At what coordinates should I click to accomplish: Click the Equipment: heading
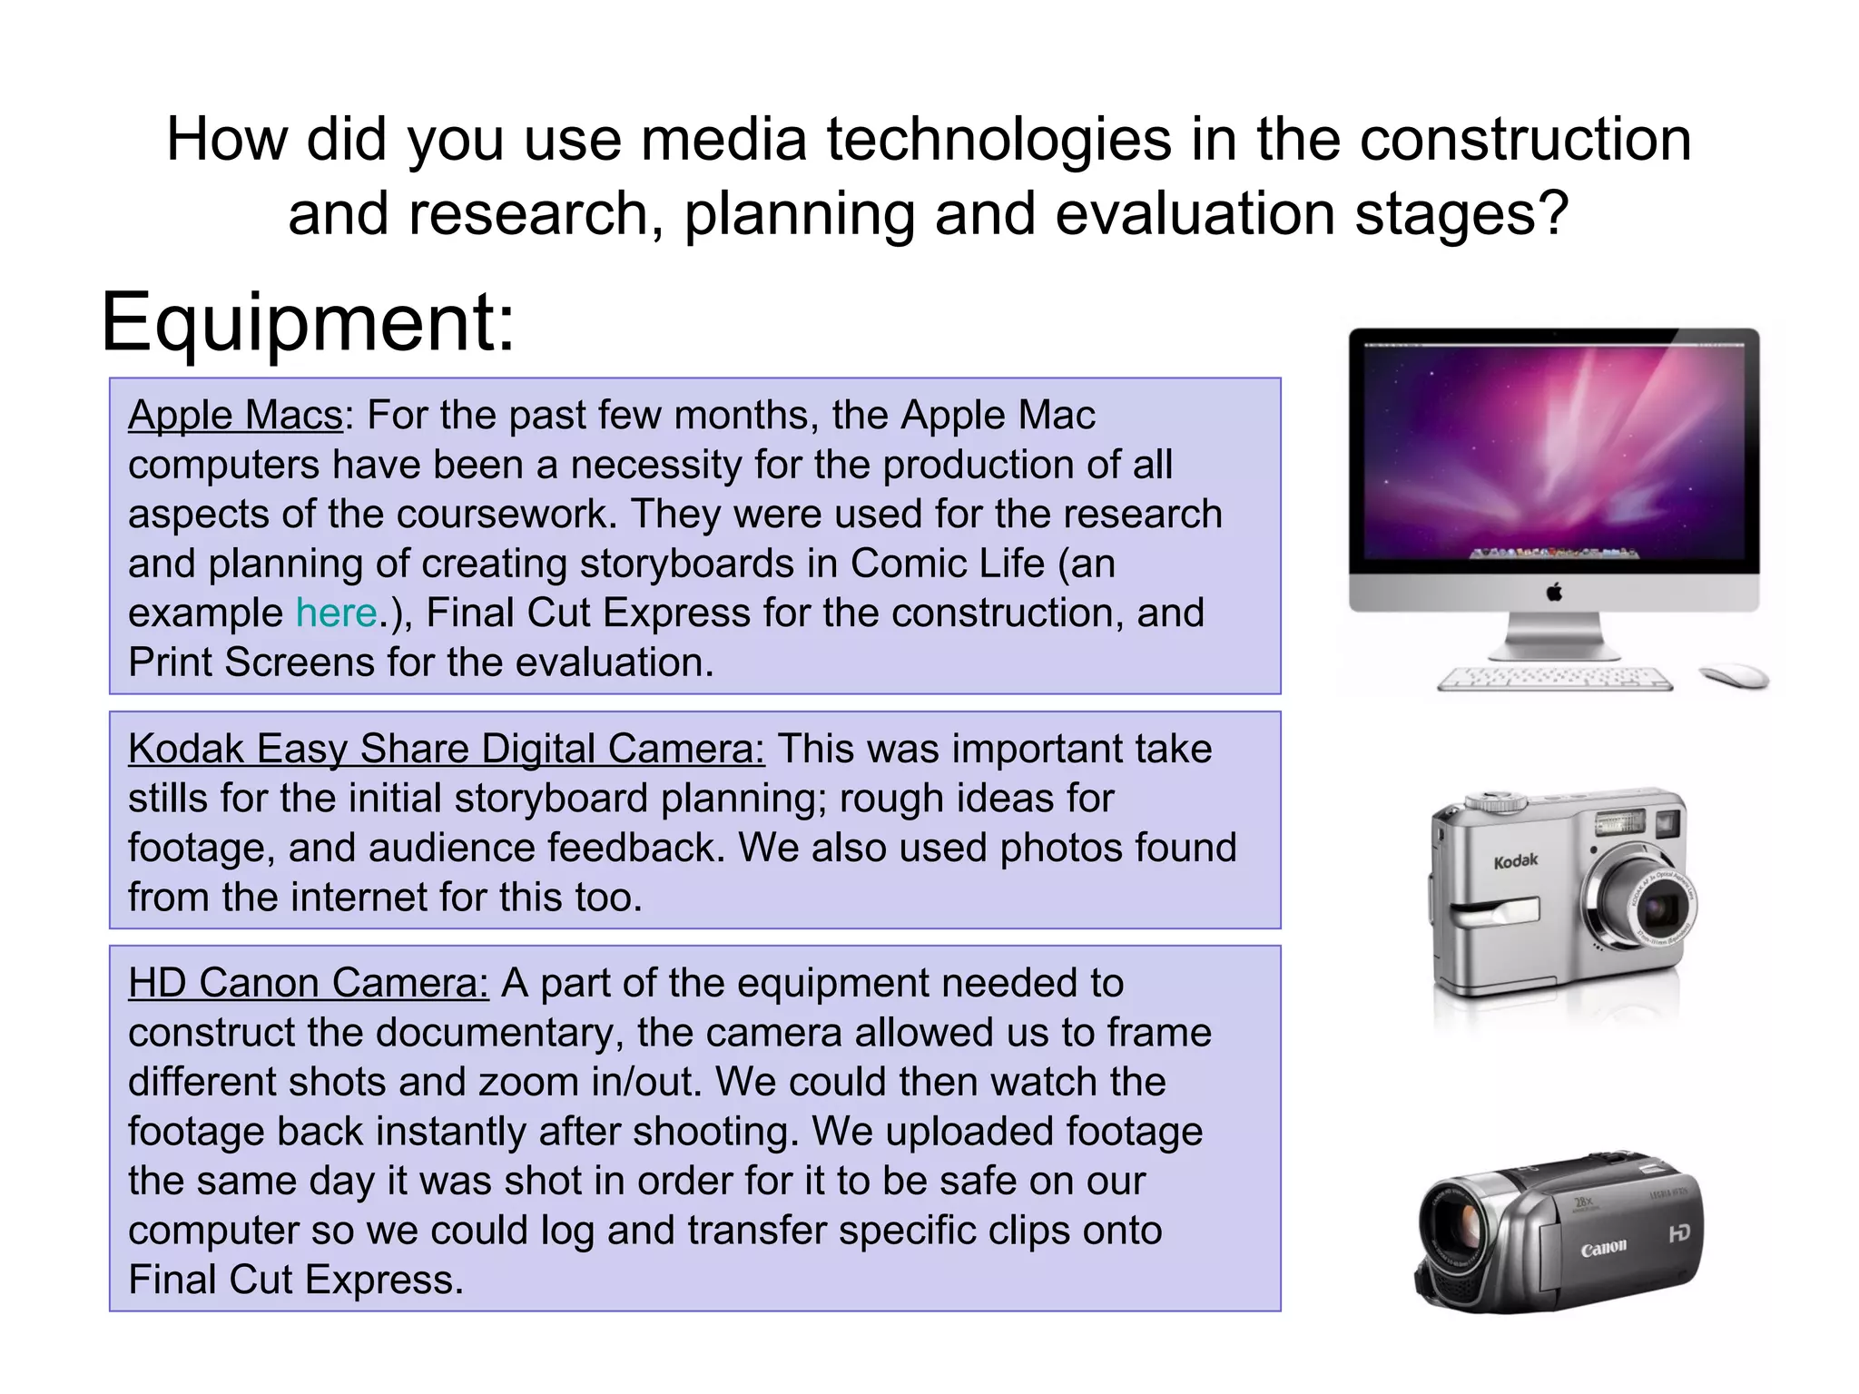307,323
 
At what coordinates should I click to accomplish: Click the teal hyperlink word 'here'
336,613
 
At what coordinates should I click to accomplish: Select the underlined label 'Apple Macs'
235,416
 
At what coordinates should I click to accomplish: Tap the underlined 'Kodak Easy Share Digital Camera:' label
446,750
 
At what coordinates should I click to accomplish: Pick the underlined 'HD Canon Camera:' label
308,984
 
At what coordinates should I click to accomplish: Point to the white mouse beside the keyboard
1735,676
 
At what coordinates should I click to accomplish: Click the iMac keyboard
1555,679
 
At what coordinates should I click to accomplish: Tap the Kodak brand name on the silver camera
1515,860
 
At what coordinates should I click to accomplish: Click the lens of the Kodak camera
1657,908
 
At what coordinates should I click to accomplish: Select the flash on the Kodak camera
1620,824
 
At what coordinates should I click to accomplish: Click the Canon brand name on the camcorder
1603,1249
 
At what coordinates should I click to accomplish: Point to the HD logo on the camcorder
1679,1233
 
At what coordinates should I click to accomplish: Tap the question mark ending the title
1554,214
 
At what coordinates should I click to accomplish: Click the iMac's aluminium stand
1554,635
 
